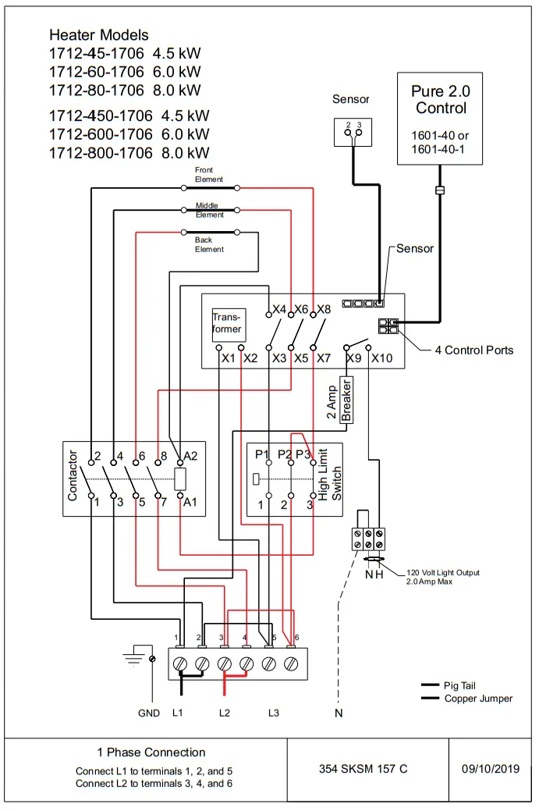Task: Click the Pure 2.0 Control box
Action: coord(441,118)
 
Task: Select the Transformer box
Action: coord(228,324)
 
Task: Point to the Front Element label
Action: coord(208,175)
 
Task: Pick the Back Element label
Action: coord(208,245)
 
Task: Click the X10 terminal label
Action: coord(381,358)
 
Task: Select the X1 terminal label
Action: coord(228,358)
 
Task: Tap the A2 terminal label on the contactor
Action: coord(190,456)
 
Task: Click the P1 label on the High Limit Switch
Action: coord(261,455)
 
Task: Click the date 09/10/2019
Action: coord(491,768)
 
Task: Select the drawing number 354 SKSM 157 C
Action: coord(363,768)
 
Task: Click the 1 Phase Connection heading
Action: coord(151,752)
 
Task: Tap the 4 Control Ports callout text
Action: coord(474,350)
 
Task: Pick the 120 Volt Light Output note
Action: coord(442,577)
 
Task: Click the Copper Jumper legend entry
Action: coord(478,698)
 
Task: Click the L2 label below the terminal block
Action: coord(225,713)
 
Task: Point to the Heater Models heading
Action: coord(98,35)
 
